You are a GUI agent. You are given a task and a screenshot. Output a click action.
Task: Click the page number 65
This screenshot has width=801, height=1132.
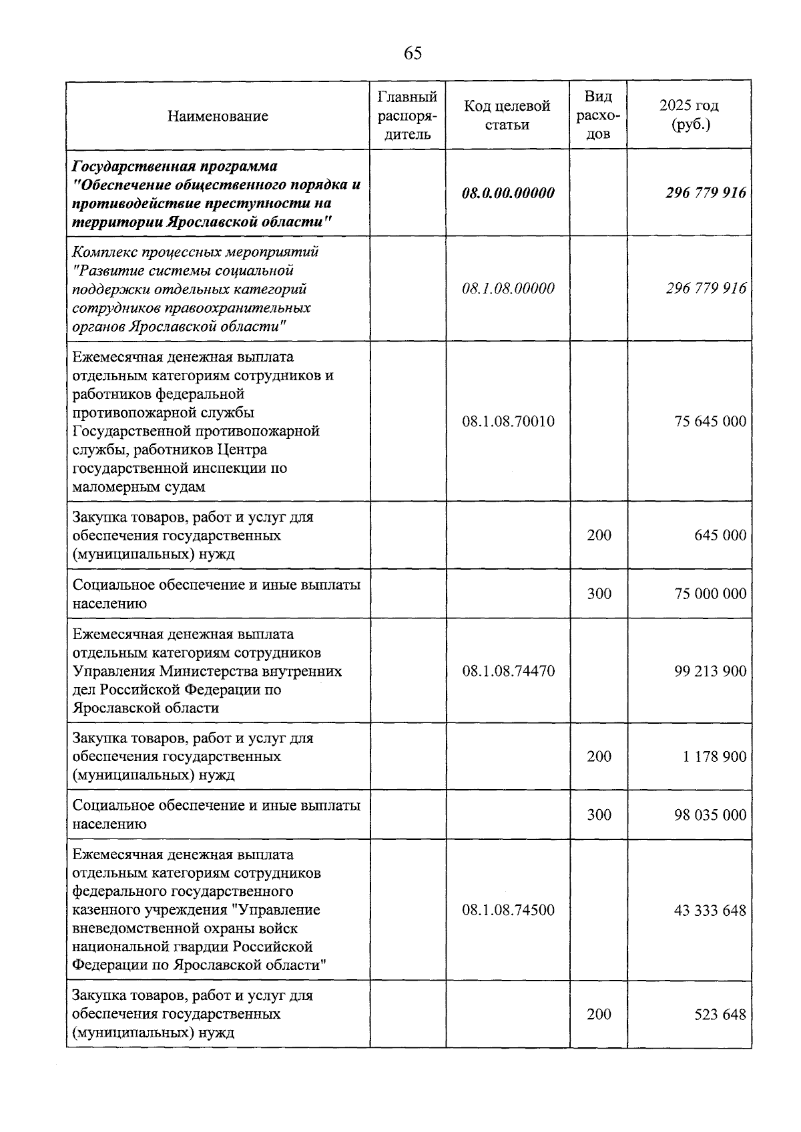click(x=413, y=53)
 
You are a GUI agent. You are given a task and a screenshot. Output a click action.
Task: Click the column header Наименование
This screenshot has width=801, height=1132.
click(x=218, y=116)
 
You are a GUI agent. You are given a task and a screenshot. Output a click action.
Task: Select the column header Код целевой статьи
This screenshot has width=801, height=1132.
click(x=507, y=115)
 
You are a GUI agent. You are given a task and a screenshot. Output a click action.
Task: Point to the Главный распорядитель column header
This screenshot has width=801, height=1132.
click(x=407, y=115)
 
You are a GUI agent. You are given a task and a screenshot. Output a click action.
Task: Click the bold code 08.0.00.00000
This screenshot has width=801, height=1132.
click(x=508, y=193)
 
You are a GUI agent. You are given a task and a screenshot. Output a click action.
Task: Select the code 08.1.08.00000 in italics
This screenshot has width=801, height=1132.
click(x=508, y=289)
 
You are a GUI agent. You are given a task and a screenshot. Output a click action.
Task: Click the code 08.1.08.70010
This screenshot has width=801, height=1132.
click(x=508, y=422)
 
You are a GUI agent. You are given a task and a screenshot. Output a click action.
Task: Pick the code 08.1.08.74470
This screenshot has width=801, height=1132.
click(x=508, y=671)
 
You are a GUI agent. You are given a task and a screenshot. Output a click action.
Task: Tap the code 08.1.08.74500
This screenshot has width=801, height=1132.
click(x=508, y=911)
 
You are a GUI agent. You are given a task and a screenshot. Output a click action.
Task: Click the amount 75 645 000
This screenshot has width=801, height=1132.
click(x=710, y=422)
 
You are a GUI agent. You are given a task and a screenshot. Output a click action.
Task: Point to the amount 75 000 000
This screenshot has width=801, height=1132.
click(x=710, y=594)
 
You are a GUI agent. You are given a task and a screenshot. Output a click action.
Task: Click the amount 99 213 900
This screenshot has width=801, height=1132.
click(x=710, y=671)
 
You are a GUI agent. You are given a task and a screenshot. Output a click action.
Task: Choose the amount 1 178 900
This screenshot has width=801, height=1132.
click(x=714, y=756)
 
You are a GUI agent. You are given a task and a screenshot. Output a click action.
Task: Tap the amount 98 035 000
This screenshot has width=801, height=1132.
click(x=710, y=815)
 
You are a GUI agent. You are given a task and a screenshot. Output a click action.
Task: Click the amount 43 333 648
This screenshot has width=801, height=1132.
click(x=710, y=911)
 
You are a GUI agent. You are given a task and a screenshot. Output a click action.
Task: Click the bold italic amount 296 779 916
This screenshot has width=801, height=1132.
click(x=706, y=193)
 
